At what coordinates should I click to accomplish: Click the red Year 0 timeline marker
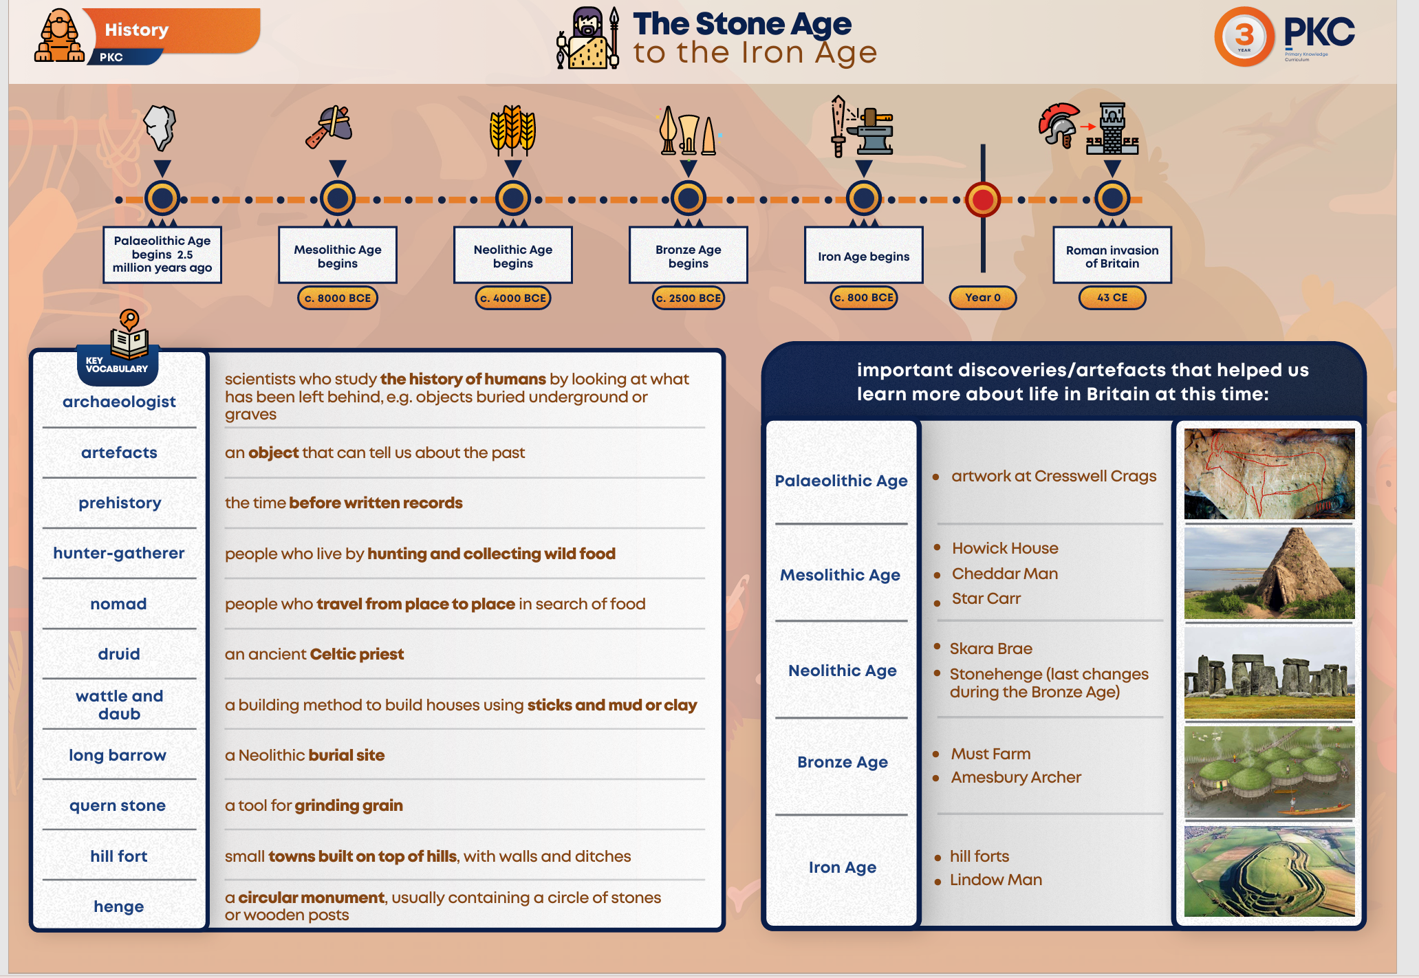pos(982,199)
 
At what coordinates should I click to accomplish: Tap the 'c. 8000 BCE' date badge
pos(338,298)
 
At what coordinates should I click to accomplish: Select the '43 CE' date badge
pos(1112,298)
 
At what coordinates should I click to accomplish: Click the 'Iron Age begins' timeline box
pos(863,256)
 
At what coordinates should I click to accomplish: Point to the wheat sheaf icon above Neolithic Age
pos(512,129)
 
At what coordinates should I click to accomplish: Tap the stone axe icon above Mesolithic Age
pos(330,127)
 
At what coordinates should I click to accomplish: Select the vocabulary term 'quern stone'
pos(118,805)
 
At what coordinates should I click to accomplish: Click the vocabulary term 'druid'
pos(119,654)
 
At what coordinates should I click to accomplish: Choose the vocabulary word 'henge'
pos(119,906)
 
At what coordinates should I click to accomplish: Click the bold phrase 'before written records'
pos(376,503)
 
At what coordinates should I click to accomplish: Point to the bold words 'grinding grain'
pos(349,805)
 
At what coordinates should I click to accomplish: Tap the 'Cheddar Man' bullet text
pos(1004,574)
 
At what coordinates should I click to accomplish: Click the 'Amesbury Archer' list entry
pos(1016,777)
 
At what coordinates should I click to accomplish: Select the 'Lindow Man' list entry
pos(995,880)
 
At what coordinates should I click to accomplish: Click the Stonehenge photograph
pos(1269,673)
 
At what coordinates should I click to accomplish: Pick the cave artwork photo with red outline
pos(1269,474)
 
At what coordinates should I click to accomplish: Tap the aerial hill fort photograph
pos(1269,871)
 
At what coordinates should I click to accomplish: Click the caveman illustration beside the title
pos(588,39)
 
